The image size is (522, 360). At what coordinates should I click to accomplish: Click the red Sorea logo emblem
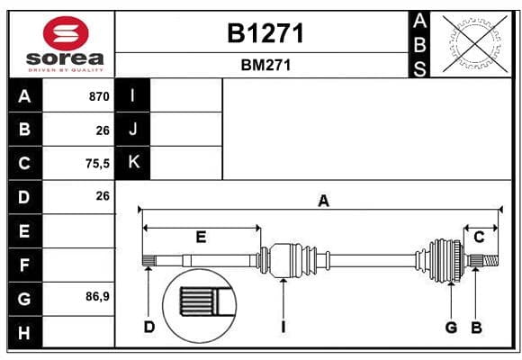(66, 33)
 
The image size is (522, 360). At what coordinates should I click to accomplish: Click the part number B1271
(265, 33)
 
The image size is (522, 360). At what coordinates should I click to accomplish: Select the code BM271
(265, 65)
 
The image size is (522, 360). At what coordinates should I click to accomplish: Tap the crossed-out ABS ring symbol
(475, 43)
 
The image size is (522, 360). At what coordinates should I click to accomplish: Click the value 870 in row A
(99, 96)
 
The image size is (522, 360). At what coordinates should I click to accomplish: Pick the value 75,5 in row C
(97, 164)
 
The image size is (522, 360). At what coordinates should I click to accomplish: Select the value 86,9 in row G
(97, 296)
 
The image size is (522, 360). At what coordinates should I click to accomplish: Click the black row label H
(25, 332)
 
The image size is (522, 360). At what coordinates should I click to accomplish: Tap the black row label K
(133, 163)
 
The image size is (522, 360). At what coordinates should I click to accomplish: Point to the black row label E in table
(25, 230)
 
